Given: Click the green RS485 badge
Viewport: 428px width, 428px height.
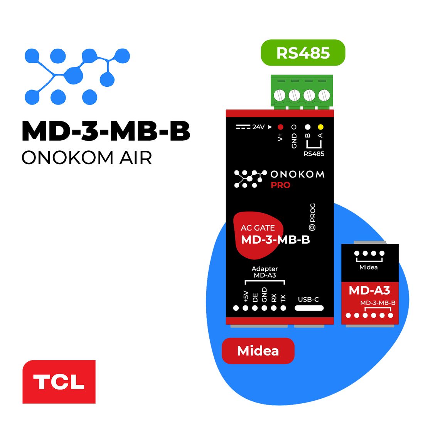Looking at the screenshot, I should pos(303,53).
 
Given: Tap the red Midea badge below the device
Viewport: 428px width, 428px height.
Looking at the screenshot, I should pos(258,351).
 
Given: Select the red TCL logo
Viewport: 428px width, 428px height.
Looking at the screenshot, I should pos(59,382).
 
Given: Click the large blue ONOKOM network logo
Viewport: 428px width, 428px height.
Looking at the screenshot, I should pos(77,76).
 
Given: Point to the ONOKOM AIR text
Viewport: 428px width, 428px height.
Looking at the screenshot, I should pos(87,158).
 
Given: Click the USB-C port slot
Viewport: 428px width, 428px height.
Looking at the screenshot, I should pos(309,308).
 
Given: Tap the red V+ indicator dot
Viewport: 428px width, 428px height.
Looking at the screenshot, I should pos(280,127).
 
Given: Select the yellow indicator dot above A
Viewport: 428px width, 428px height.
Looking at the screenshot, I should pos(320,126).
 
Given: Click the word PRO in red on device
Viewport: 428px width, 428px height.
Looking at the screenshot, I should pos(280,185).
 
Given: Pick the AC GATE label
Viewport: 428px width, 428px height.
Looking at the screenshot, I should pos(258,228).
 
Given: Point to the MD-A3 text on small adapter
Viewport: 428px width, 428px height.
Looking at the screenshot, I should pos(369,290).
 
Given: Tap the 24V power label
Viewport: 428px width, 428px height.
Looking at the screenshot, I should pos(258,127).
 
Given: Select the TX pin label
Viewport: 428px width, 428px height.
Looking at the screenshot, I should pos(283,298).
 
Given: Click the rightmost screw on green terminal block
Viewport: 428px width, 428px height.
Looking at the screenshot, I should pos(323,94).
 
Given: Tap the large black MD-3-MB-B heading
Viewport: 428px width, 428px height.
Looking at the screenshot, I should pos(106,131).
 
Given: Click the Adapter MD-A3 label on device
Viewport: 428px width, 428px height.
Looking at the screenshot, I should pos(265,272).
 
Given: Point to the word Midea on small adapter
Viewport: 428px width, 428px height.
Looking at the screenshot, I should pos(368,267).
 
